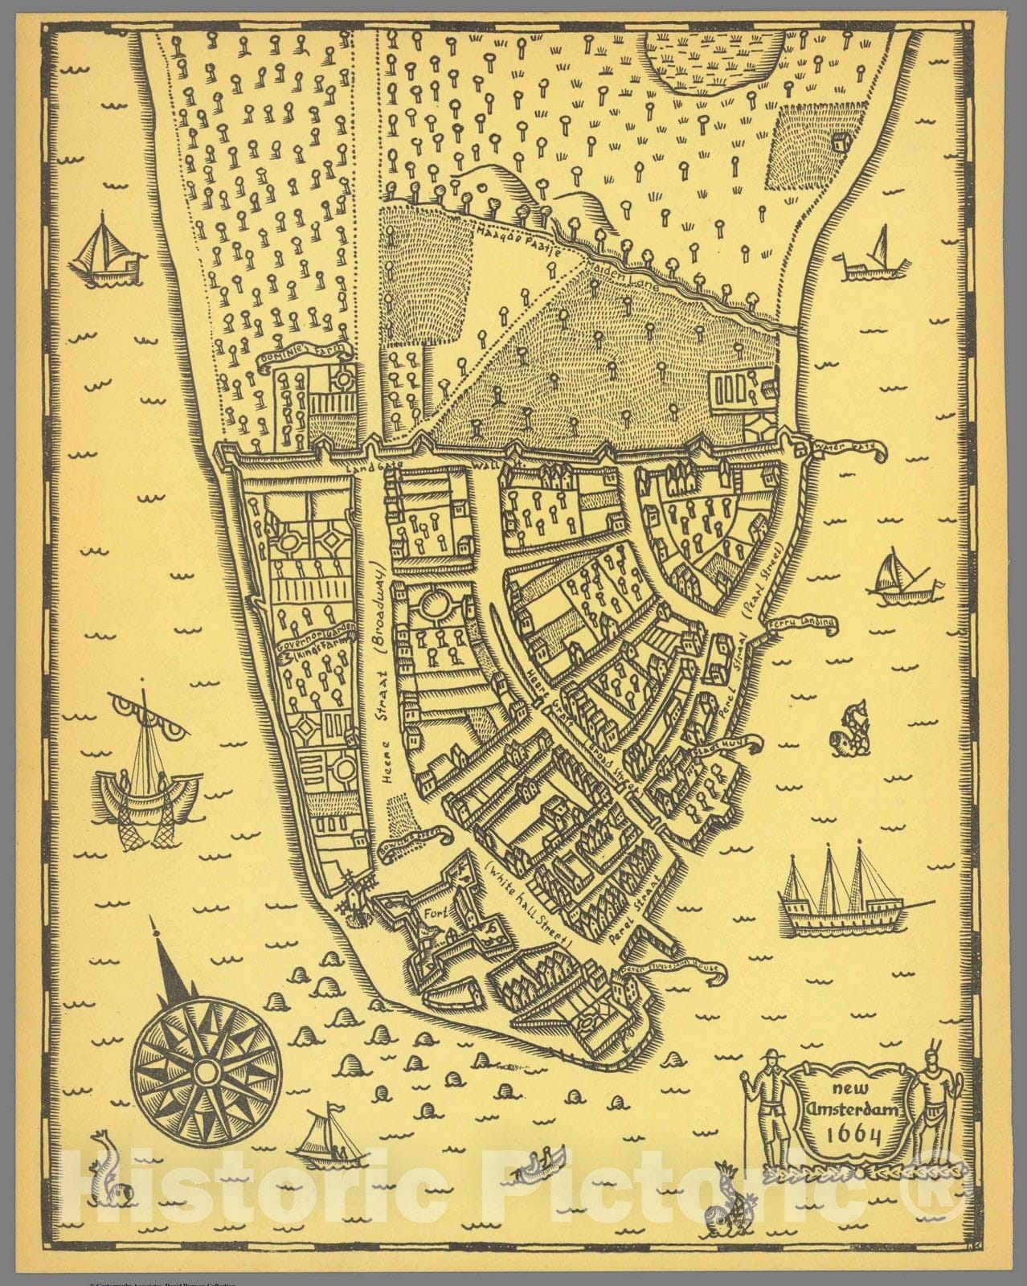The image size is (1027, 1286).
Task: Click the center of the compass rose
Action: pos(207,1072)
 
